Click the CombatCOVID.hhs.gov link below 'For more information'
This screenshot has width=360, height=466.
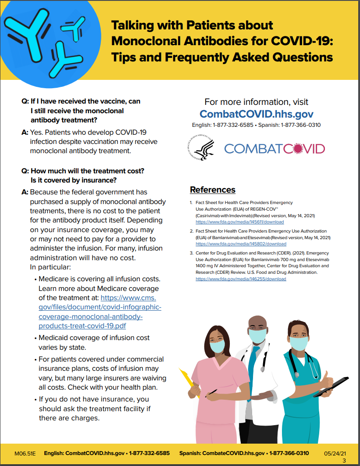[x=256, y=114]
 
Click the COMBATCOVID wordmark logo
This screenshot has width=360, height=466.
[x=274, y=149]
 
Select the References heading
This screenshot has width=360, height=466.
[x=212, y=190]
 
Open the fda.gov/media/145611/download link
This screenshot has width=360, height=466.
[x=239, y=222]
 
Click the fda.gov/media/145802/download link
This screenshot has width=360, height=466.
[x=240, y=244]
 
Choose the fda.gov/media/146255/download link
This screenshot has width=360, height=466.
[x=240, y=279]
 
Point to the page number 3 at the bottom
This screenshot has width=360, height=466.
[x=344, y=460]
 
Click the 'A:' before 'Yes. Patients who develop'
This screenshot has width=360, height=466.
[x=25, y=132]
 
